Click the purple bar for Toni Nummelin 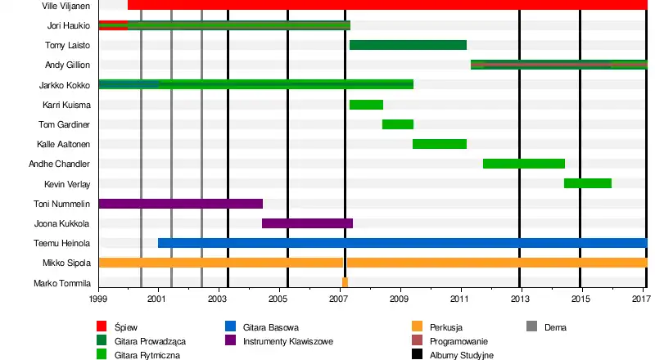point(180,204)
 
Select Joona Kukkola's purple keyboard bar point(307,223)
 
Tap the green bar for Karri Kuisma point(366,105)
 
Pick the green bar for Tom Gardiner point(397,124)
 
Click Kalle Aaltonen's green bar point(439,144)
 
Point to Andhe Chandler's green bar point(524,164)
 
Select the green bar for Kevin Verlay point(587,183)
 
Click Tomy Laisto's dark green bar point(408,45)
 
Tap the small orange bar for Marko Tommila point(345,282)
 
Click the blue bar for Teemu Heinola point(401,243)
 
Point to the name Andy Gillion point(67,65)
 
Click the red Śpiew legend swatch point(102,327)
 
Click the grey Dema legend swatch point(531,327)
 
